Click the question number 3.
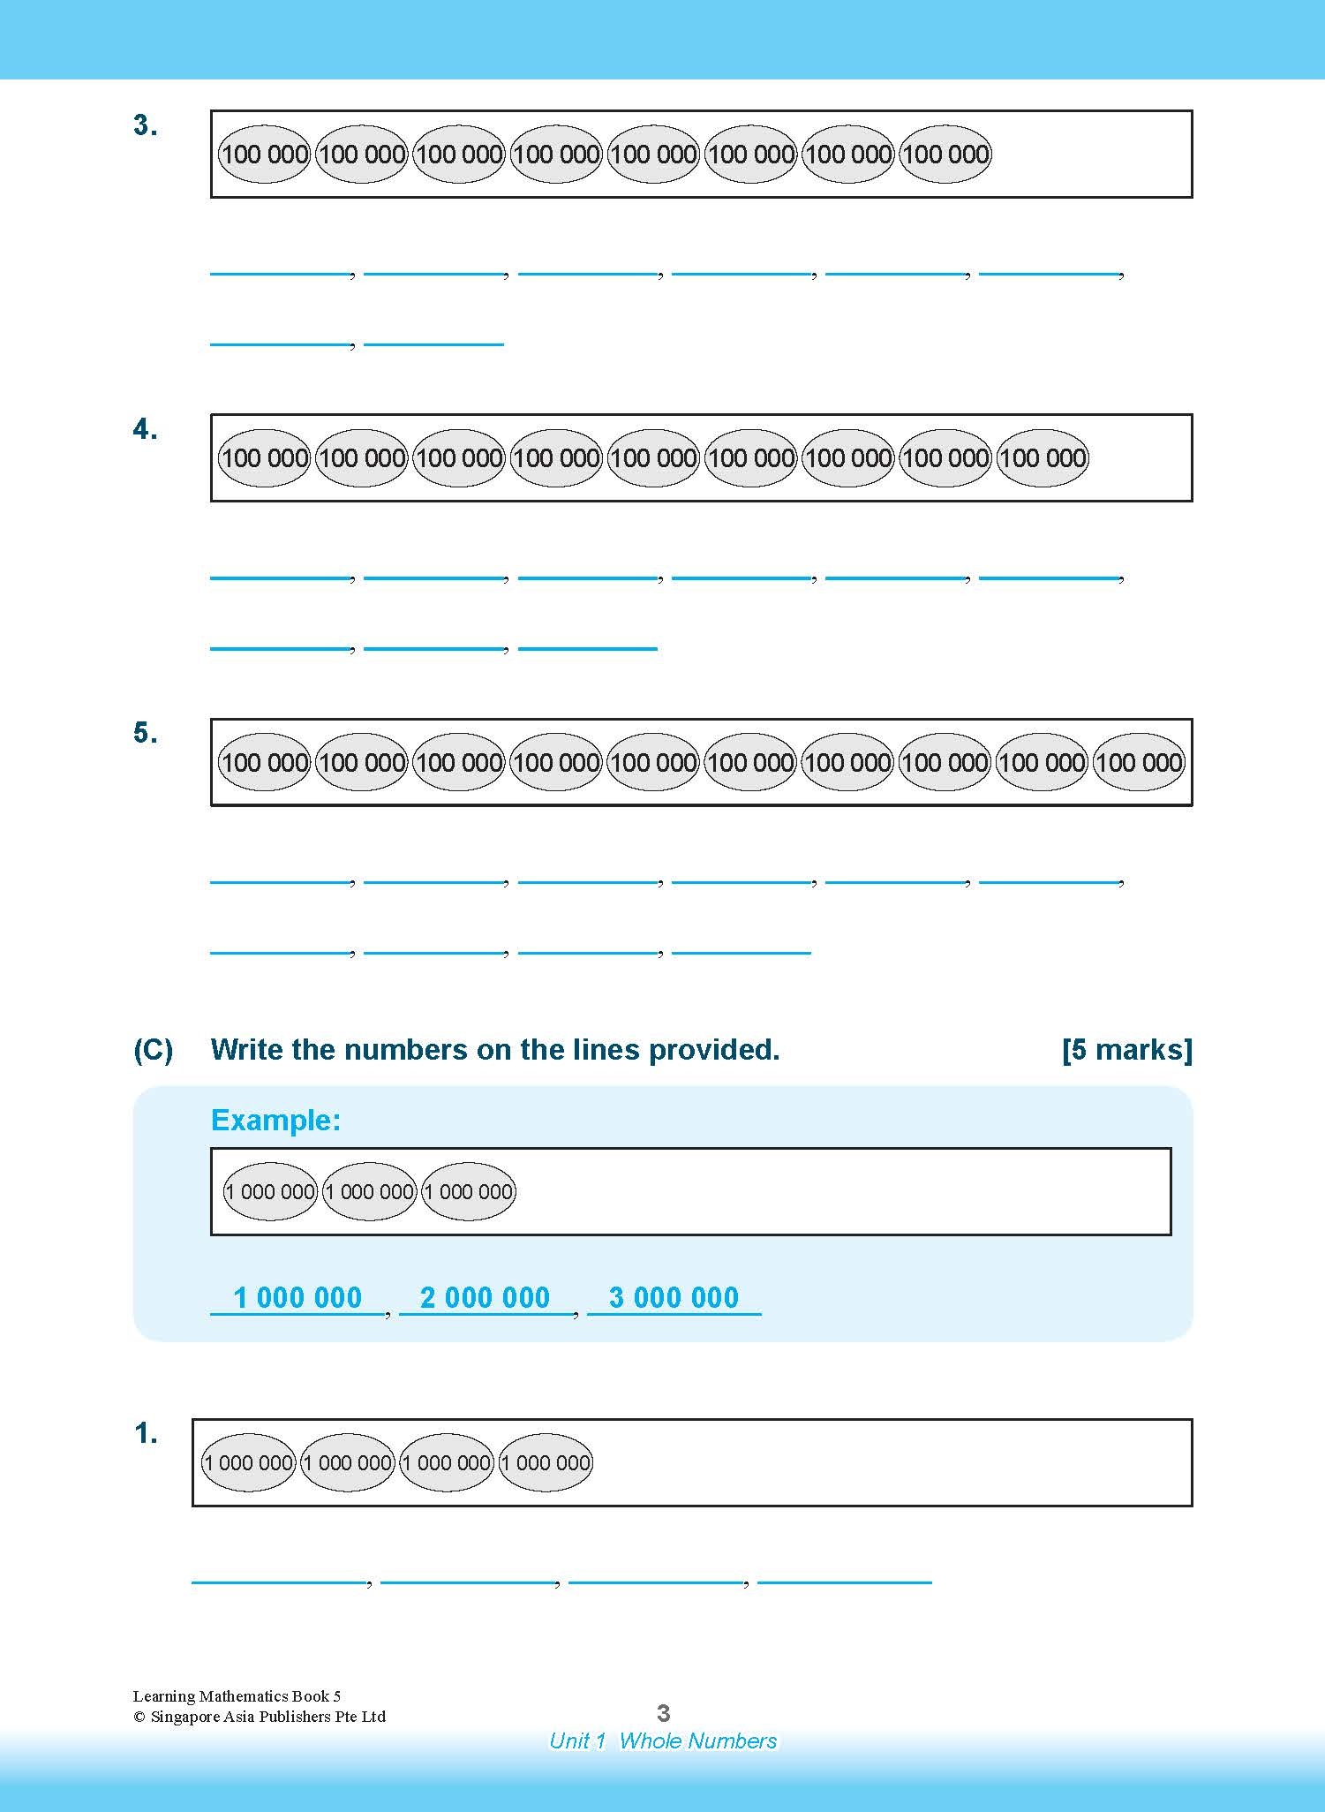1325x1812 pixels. tap(145, 126)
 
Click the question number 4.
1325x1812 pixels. tap(145, 430)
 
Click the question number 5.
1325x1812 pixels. tap(145, 734)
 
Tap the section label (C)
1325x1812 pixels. tap(153, 1050)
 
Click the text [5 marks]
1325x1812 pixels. tap(1126, 1050)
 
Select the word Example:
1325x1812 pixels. tap(275, 1121)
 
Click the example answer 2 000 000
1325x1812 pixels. tap(485, 1297)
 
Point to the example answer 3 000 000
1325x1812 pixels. tap(674, 1297)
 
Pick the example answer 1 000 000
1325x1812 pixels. tap(297, 1297)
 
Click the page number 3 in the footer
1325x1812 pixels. tap(664, 1714)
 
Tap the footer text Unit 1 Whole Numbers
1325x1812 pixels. tap(663, 1740)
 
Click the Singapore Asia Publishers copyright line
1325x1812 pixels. tap(260, 1717)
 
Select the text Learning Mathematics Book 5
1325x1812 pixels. tap(237, 1695)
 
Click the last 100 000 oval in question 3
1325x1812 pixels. tap(945, 155)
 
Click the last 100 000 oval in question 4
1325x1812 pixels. tap(1043, 458)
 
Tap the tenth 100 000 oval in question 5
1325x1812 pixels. tap(1140, 762)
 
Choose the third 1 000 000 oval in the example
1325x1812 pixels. tap(469, 1192)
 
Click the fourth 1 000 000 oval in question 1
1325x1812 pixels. tap(546, 1463)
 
